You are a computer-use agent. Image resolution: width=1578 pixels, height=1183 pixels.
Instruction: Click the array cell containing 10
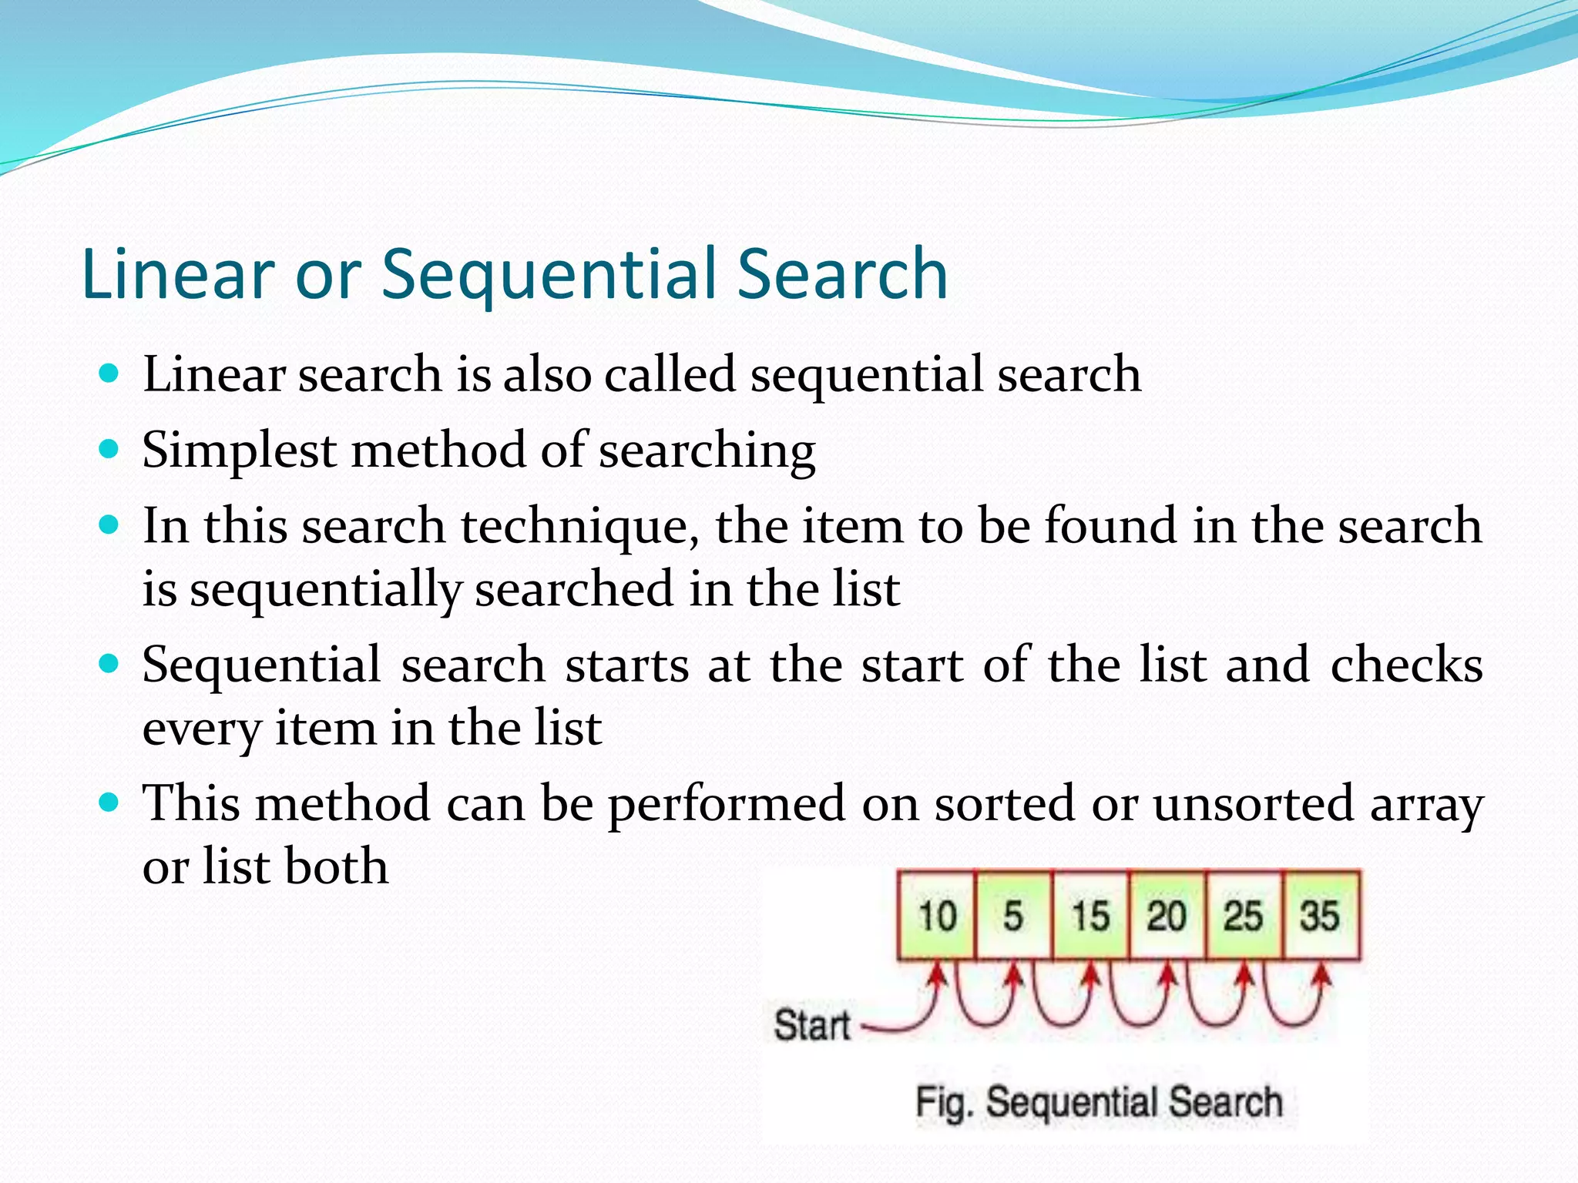(x=937, y=916)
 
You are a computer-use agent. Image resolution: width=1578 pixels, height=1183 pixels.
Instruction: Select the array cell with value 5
(x=1013, y=916)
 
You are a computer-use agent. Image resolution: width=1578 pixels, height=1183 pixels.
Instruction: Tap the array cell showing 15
(x=1090, y=916)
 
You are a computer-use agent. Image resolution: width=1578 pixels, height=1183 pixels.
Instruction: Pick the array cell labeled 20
(x=1167, y=916)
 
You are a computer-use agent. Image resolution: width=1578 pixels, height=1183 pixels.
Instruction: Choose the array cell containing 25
(x=1244, y=916)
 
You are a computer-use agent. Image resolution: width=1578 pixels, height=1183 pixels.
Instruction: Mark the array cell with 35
(x=1321, y=916)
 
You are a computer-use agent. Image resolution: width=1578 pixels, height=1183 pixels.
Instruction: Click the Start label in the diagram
(x=811, y=1025)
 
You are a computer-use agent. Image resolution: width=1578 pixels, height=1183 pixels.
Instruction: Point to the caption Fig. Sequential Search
(x=1099, y=1101)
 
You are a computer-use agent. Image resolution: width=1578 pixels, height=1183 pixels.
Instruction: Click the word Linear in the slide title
(x=178, y=273)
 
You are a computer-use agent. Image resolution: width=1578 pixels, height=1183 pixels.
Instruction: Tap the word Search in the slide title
(x=841, y=273)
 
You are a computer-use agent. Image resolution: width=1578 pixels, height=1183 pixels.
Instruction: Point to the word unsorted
(x=1253, y=804)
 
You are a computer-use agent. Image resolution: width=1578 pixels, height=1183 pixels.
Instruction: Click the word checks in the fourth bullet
(x=1406, y=665)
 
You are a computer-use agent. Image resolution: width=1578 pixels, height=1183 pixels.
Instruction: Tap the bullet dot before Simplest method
(x=109, y=449)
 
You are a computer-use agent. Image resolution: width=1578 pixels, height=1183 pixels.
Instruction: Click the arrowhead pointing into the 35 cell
(x=1323, y=977)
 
